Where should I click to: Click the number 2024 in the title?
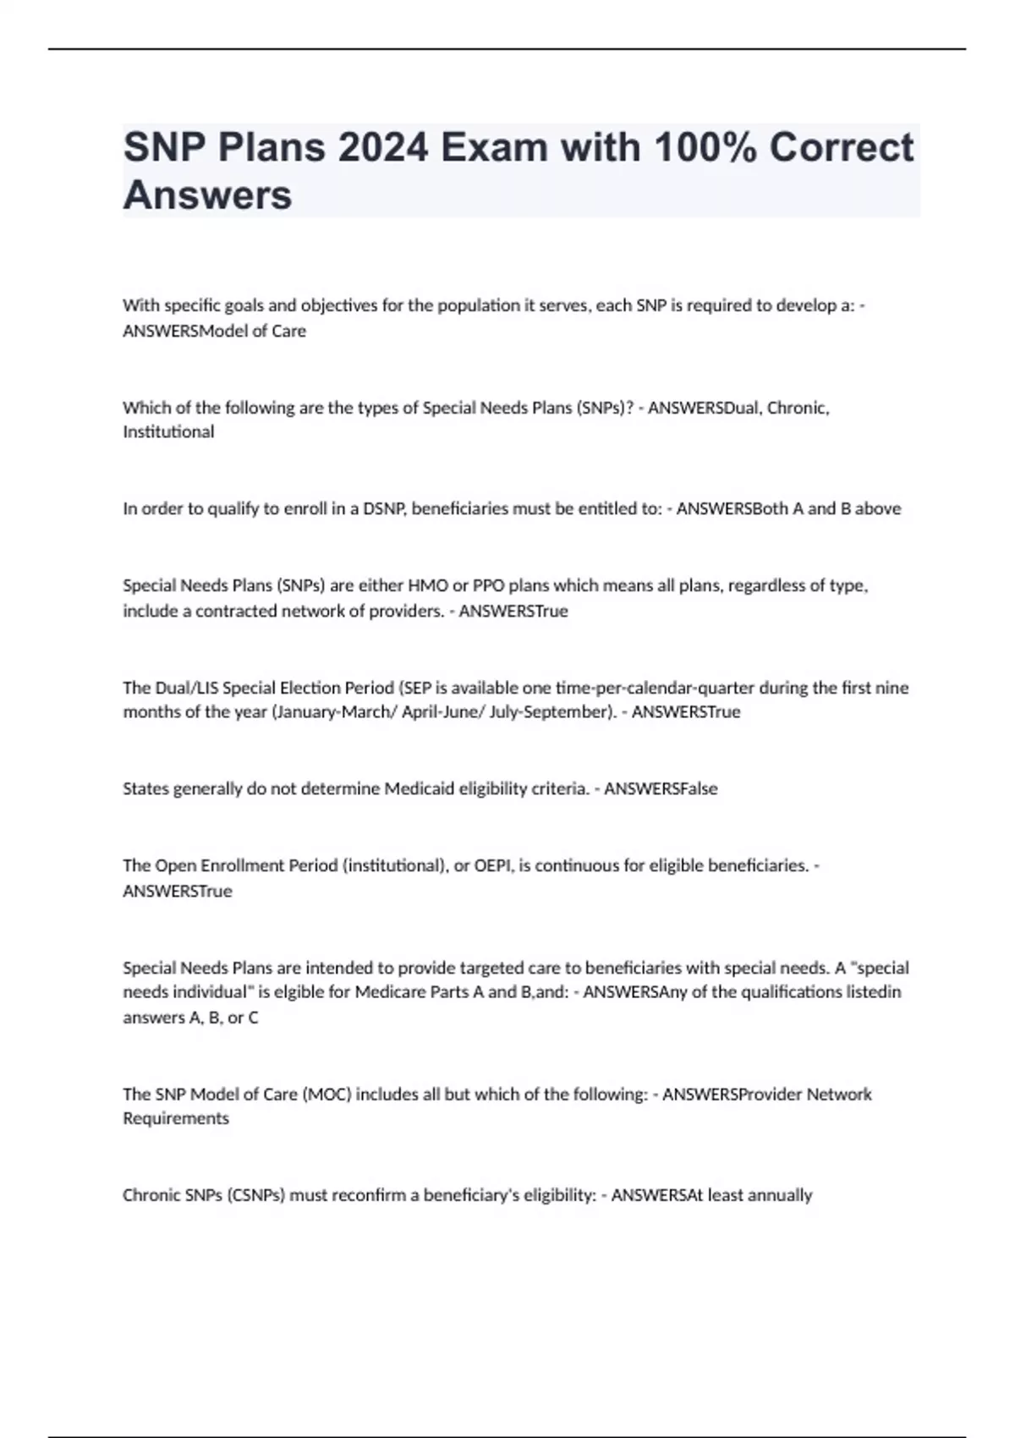[383, 147]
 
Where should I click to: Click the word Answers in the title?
[207, 195]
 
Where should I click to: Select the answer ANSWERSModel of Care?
[214, 331]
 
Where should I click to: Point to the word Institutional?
[168, 432]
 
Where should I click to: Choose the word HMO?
[429, 585]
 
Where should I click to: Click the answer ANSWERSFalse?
[661, 788]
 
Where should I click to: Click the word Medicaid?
[420, 788]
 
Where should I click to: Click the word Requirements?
[176, 1118]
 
